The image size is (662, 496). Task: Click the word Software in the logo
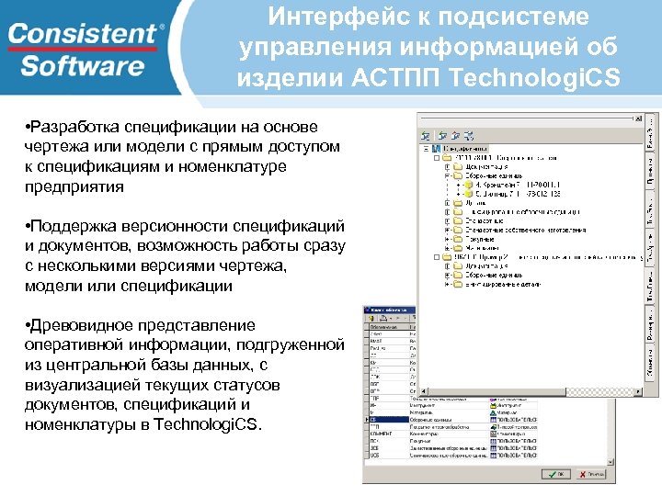pos(83,66)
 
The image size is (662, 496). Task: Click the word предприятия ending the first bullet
pos(74,186)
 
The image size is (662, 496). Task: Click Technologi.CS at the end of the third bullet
pos(209,424)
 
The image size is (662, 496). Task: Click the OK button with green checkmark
pos(555,474)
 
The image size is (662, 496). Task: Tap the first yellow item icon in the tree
pos(468,186)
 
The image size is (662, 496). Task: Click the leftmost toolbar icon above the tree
pos(426,135)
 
